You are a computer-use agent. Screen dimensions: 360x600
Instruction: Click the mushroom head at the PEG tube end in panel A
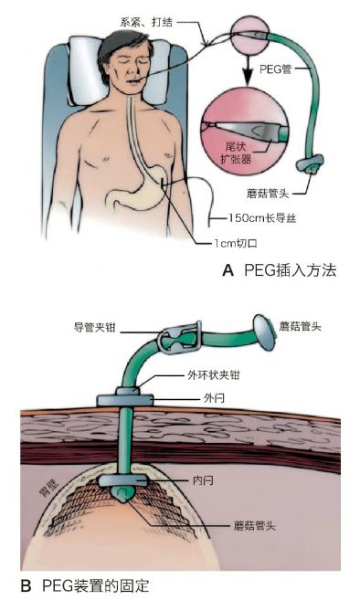tap(309, 166)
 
